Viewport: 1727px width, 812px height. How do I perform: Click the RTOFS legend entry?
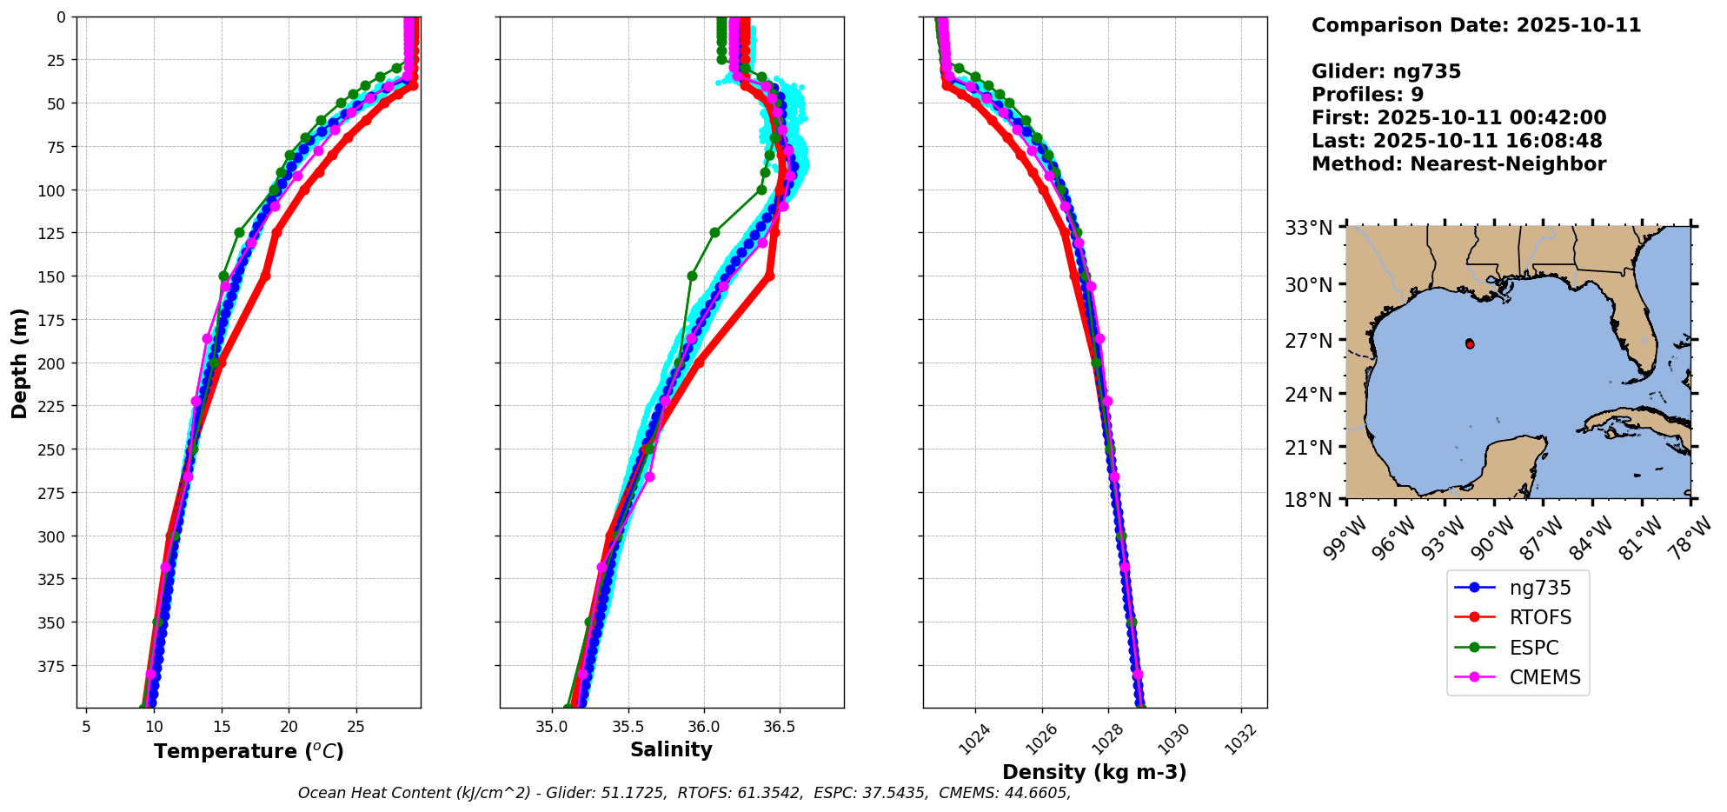point(1540,618)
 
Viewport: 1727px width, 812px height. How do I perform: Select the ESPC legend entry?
point(1534,649)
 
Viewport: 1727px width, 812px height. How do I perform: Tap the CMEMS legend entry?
point(1544,678)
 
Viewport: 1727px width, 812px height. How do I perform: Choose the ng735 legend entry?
point(1540,588)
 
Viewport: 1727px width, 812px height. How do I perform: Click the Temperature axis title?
point(249,751)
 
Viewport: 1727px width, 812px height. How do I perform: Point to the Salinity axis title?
point(671,750)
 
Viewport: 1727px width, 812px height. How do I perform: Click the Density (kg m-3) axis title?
point(1094,772)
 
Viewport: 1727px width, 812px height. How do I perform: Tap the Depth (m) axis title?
point(19,363)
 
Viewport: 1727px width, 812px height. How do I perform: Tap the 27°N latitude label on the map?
point(1310,341)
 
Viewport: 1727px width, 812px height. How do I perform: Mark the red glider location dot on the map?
point(1470,344)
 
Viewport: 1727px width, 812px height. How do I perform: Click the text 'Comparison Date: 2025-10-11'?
point(1476,25)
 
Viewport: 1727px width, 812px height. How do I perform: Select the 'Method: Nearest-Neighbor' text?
point(1458,164)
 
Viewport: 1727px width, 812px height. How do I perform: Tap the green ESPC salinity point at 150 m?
point(692,276)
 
